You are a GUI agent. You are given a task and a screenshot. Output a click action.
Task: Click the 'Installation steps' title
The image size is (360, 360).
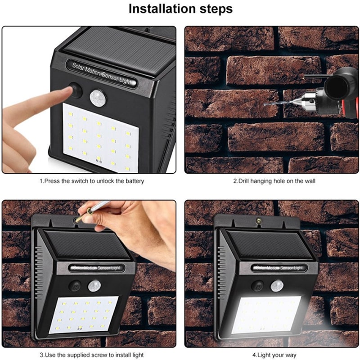(x=180, y=9)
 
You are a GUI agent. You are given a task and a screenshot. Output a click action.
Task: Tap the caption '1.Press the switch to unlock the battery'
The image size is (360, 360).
(x=92, y=181)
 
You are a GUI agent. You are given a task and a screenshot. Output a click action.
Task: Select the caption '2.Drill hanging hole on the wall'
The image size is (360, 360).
(x=274, y=181)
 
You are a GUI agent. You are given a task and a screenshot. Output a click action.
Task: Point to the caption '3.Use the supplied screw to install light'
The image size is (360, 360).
(x=92, y=355)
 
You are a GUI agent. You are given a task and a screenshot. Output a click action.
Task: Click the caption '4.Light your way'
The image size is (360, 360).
(x=274, y=355)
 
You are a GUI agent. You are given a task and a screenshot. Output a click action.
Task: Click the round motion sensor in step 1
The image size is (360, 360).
(x=98, y=98)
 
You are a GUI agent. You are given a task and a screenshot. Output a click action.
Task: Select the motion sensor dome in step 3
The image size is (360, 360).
(x=94, y=286)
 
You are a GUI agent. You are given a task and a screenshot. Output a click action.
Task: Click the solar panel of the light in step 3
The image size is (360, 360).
(x=88, y=244)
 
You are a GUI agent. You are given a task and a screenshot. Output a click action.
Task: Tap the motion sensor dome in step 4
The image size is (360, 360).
(x=277, y=286)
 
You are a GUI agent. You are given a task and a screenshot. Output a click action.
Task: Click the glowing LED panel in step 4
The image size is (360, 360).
(x=266, y=315)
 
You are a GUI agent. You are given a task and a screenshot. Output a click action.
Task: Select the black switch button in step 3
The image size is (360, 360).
(x=75, y=286)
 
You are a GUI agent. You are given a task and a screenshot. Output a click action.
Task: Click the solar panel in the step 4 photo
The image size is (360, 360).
(x=270, y=244)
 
